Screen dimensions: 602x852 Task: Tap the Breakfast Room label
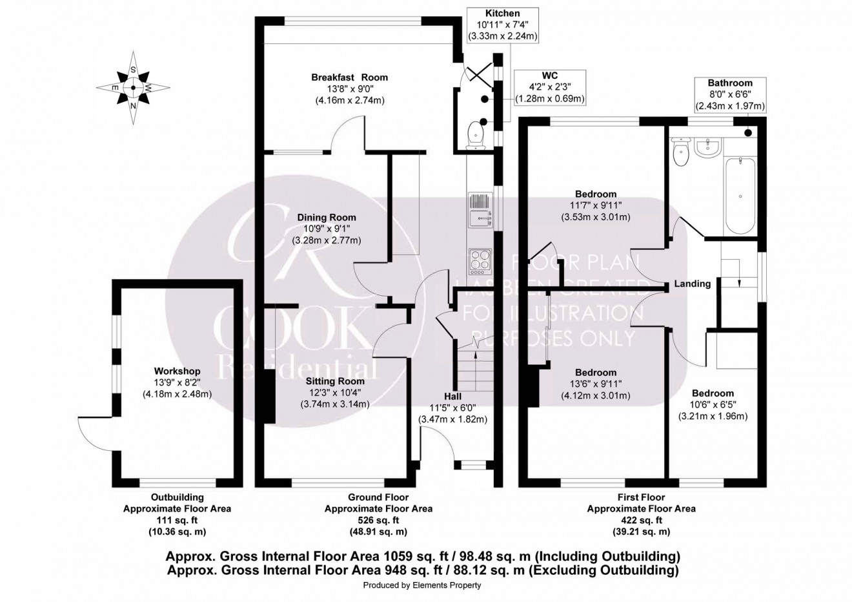[349, 77]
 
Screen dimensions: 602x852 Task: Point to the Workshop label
[177, 371]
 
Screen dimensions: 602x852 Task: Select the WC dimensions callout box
[549, 87]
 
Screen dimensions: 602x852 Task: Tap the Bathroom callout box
[729, 95]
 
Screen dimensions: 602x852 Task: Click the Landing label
[692, 284]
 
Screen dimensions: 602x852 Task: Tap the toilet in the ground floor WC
[476, 132]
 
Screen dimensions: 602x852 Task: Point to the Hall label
[452, 396]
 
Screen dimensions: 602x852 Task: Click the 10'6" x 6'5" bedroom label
[713, 393]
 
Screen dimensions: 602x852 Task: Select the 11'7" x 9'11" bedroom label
[595, 194]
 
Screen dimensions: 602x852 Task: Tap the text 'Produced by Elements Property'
[422, 585]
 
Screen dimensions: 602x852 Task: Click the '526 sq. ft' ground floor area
[378, 520]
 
